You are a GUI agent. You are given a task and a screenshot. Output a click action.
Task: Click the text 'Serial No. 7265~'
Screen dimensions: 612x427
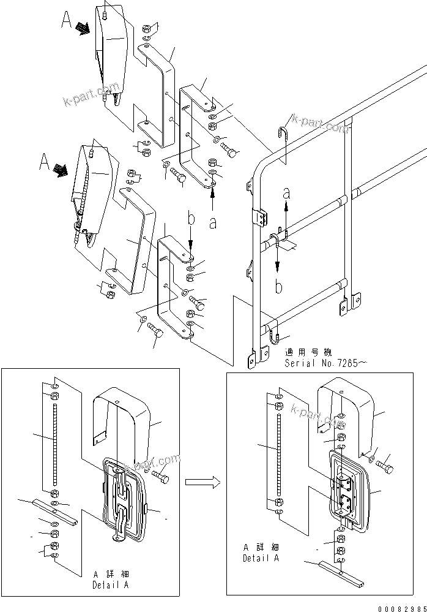[x=325, y=363]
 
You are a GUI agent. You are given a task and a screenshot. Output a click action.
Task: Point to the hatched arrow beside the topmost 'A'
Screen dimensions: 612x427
[x=83, y=28]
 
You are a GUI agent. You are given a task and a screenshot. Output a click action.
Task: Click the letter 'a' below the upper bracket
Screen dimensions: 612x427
[x=212, y=223]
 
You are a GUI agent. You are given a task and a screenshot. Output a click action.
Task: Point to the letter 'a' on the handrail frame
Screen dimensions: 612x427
[x=286, y=193]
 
